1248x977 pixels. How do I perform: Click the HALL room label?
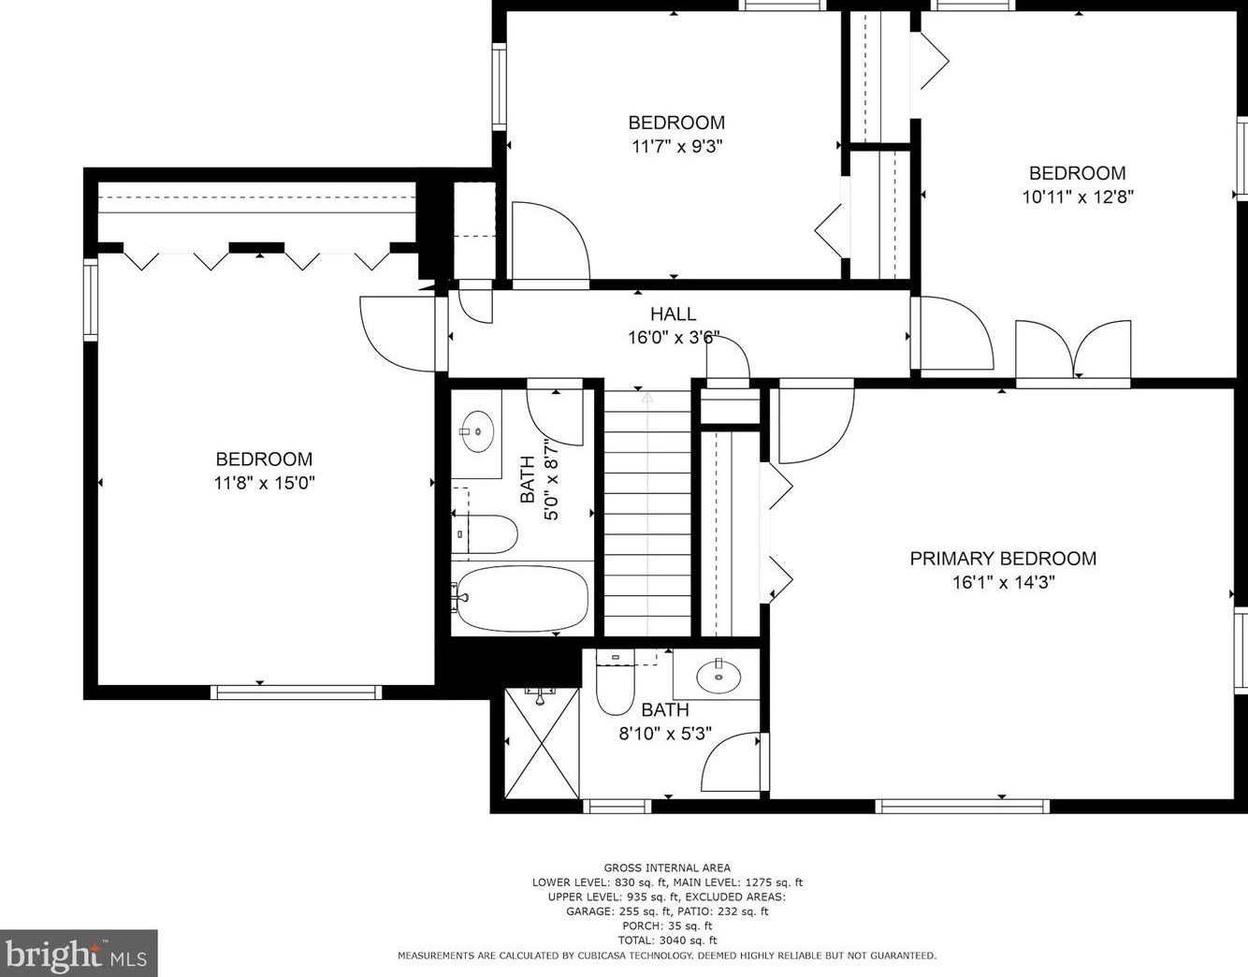[673, 314]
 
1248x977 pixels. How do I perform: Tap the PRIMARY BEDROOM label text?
[1003, 559]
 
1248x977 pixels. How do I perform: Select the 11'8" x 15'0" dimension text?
[265, 483]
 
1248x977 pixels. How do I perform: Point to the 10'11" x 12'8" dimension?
[1078, 197]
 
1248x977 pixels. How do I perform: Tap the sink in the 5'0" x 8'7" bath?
[478, 431]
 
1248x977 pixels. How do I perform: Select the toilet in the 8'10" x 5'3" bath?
[615, 682]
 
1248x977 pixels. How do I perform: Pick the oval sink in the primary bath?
[718, 677]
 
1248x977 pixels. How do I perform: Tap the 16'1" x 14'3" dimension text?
[1003, 583]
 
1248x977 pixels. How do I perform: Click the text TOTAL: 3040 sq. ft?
[667, 941]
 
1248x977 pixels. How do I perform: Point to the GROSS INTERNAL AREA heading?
[667, 868]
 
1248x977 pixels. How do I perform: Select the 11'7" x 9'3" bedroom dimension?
[676, 147]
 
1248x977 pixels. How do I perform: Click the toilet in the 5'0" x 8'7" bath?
[486, 533]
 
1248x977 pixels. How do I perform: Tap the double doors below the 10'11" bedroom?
[1073, 350]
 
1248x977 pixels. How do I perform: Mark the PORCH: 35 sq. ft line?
[667, 926]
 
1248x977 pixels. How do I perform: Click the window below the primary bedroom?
[963, 806]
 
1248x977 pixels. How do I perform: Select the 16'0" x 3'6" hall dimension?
[673, 338]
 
